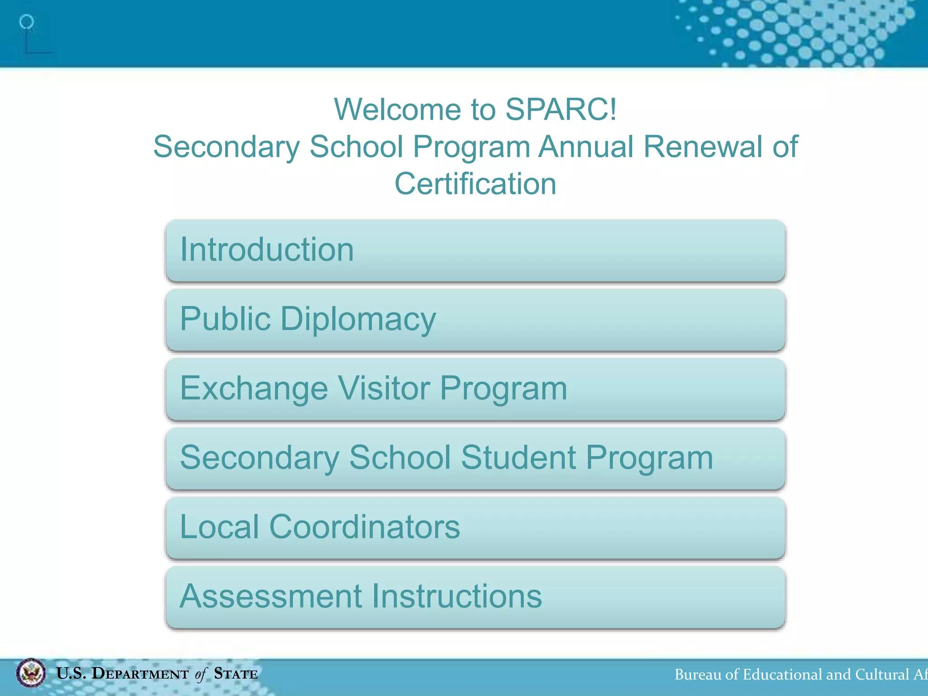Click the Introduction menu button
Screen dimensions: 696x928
coord(475,251)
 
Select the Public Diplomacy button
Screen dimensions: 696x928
coord(475,320)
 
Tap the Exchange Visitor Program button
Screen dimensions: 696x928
coord(475,389)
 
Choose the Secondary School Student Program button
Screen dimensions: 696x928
coord(475,459)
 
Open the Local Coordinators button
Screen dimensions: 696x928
coord(475,528)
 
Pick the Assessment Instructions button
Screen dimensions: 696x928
coord(475,597)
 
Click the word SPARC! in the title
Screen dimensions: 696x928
coord(561,110)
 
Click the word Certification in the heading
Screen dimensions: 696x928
coord(475,184)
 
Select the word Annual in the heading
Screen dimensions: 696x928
coord(586,147)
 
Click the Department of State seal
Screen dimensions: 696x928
coord(31,673)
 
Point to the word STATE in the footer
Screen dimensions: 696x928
coord(236,674)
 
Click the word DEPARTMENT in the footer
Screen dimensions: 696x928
coord(140,674)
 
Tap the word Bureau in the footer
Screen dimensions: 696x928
coord(697,675)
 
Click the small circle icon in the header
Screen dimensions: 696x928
coord(27,22)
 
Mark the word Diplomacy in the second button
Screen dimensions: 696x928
coord(358,319)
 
